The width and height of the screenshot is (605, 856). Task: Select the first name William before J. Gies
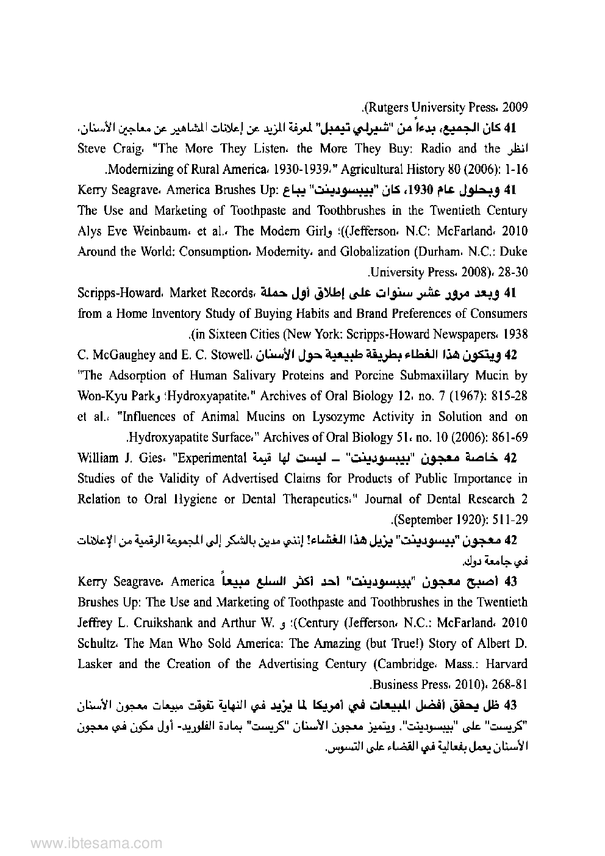(x=98, y=458)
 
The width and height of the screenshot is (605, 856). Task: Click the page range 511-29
(x=507, y=520)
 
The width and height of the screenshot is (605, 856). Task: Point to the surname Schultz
(x=97, y=644)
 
